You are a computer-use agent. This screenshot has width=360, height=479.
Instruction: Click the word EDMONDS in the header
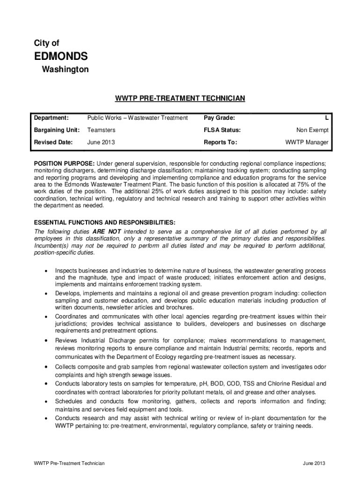(x=61, y=57)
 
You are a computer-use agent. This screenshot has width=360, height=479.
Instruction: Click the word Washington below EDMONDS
(x=65, y=70)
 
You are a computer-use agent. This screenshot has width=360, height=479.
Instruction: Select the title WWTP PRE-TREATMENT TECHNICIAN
(x=180, y=99)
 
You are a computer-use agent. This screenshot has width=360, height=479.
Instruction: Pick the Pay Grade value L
(x=327, y=117)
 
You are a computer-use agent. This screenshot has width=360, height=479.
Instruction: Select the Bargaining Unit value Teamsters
(x=101, y=130)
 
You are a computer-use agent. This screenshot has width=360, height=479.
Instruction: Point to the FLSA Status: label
(x=222, y=130)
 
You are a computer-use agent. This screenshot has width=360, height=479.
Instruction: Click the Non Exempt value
(x=312, y=130)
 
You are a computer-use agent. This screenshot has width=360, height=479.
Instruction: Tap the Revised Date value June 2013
(x=101, y=142)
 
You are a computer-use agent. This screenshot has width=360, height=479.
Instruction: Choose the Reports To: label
(x=221, y=142)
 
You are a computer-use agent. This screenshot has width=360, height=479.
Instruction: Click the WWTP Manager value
(x=307, y=142)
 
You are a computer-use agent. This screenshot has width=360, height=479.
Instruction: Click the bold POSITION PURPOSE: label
(x=64, y=164)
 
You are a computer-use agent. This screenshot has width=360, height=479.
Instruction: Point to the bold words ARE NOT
(x=107, y=232)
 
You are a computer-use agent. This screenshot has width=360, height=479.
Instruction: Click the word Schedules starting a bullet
(x=69, y=401)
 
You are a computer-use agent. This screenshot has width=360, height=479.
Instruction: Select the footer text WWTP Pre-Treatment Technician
(x=69, y=463)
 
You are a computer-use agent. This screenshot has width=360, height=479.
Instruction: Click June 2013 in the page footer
(x=314, y=463)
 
